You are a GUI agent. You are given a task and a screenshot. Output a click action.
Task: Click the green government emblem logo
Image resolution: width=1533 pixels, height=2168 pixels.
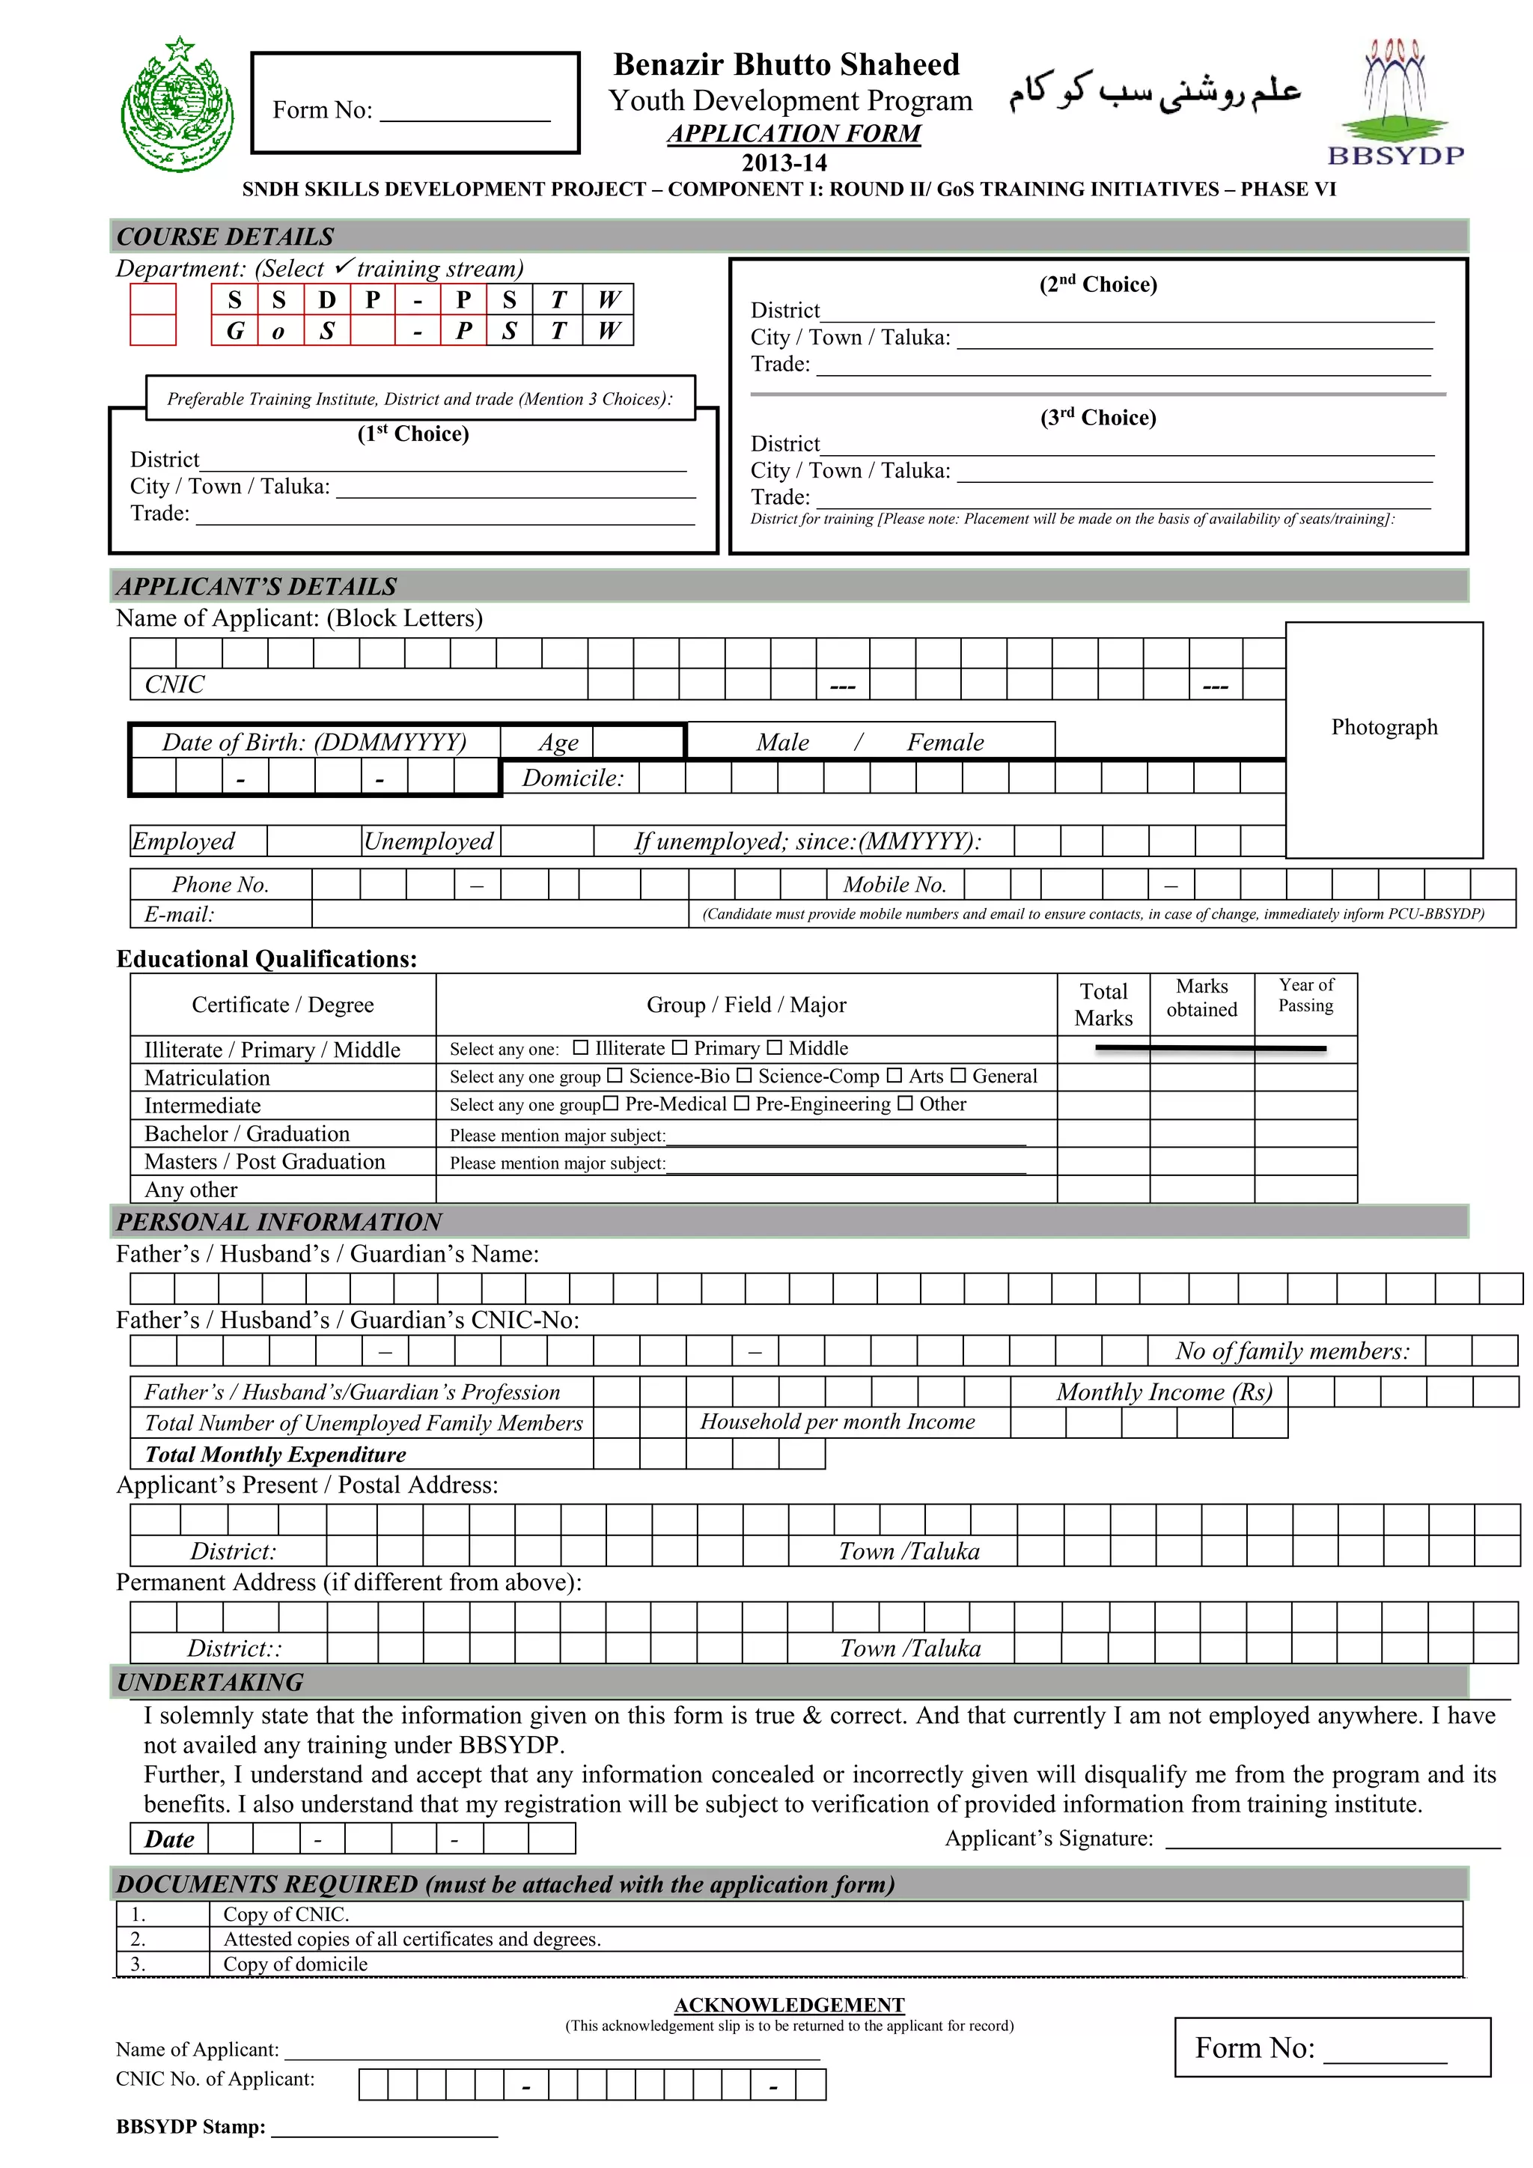click(x=177, y=106)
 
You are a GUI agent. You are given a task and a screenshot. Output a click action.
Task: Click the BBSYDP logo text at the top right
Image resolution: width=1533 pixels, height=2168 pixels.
click(x=1395, y=156)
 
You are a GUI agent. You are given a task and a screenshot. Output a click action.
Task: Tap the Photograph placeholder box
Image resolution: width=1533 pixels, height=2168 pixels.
click(x=1384, y=740)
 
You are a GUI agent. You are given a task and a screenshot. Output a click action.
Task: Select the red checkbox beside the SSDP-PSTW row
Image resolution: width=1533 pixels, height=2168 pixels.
click(x=153, y=299)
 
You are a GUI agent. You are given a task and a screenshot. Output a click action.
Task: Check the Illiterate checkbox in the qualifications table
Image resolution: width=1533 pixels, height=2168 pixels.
click(x=581, y=1048)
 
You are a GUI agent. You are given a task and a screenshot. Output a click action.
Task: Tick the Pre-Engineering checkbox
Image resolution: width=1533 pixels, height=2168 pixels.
click(x=742, y=1103)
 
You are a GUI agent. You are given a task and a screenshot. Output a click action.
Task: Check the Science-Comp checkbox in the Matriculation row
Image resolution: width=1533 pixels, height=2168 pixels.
click(x=744, y=1076)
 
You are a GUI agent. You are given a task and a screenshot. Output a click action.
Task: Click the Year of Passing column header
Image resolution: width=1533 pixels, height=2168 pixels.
click(x=1305, y=995)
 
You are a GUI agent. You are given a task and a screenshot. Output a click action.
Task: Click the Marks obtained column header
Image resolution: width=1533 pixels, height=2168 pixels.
click(x=1201, y=998)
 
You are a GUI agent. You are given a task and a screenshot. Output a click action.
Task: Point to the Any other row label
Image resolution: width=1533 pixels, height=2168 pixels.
click(x=191, y=1190)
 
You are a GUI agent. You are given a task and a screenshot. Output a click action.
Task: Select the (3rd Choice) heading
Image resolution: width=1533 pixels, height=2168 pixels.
click(x=1098, y=418)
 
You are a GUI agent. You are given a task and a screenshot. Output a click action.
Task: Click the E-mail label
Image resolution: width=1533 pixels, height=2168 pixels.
click(x=180, y=914)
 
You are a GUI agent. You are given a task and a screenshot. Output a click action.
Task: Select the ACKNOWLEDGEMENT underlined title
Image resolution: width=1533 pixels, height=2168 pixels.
click(x=789, y=2005)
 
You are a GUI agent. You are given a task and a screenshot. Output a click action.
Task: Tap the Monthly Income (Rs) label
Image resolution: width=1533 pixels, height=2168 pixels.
click(x=1164, y=1392)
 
